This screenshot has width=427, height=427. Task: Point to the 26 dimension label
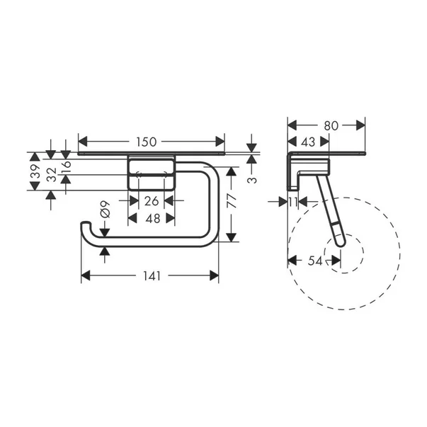(x=152, y=201)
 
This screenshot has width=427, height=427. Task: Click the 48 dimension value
(x=152, y=219)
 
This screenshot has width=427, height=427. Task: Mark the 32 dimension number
(x=52, y=176)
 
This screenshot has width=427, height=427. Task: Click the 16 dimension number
(x=67, y=167)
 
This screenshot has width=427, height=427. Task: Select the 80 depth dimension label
(x=331, y=125)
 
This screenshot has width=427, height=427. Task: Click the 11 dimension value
(x=293, y=202)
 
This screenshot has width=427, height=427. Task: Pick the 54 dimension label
(x=315, y=261)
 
